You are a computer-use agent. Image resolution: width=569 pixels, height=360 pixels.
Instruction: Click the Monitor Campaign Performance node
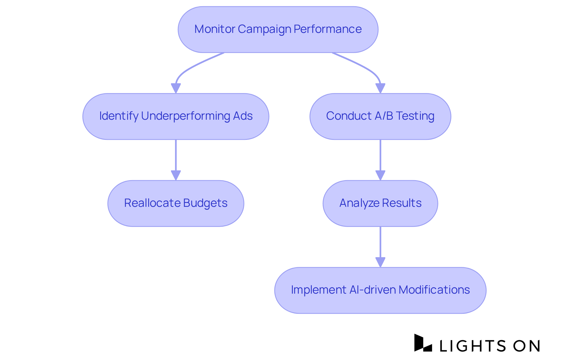click(278, 30)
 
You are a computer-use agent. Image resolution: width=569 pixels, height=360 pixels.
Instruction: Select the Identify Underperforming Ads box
click(176, 116)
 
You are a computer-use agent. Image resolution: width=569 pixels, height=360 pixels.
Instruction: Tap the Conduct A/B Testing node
click(380, 116)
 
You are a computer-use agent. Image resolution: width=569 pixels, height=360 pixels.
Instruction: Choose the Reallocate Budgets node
click(176, 204)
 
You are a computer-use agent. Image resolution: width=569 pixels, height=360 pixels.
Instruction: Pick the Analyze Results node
click(380, 204)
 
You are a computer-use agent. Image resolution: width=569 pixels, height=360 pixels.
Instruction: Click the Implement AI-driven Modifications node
click(380, 290)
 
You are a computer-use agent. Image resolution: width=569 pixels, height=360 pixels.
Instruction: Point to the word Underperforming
click(186, 116)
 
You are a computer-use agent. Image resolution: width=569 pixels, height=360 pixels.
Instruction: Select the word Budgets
click(205, 203)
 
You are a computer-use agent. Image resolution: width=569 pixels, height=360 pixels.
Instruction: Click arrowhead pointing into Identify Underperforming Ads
click(176, 88)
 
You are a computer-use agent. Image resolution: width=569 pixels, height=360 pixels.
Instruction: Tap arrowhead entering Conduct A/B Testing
click(380, 88)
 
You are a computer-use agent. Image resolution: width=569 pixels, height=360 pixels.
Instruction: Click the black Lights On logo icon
click(423, 343)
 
